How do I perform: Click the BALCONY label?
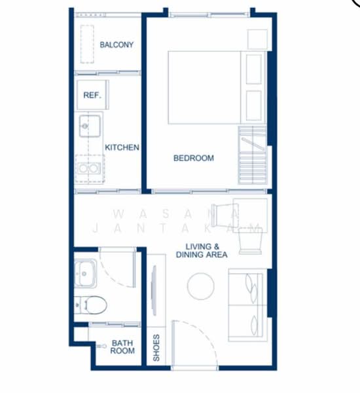[117, 45]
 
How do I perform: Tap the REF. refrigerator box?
[93, 95]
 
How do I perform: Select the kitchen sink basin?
[90, 126]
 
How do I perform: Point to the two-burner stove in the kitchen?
[89, 168]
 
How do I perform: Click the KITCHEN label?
[122, 147]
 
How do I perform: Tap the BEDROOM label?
[194, 158]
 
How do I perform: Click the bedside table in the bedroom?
[257, 39]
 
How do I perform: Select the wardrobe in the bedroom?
[252, 155]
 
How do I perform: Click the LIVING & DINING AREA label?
[202, 251]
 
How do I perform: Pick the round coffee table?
[201, 286]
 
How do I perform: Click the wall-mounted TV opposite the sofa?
[154, 290]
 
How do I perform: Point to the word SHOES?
[156, 348]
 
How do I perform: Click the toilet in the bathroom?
[90, 305]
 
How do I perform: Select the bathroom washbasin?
[85, 273]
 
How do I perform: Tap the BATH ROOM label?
[122, 346]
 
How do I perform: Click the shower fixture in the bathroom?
[101, 346]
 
